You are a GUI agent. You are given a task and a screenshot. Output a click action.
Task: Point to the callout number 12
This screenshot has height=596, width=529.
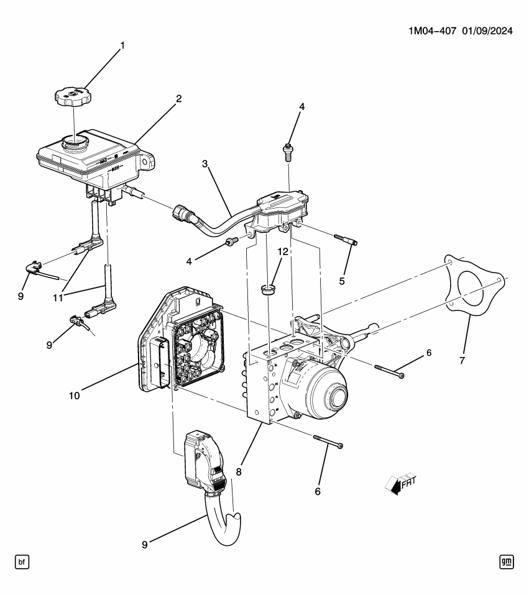tap(283, 251)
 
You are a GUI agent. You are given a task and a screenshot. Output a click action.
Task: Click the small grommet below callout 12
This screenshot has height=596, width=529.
tap(268, 289)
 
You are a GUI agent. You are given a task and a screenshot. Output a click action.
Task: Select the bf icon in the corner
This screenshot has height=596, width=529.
tap(22, 562)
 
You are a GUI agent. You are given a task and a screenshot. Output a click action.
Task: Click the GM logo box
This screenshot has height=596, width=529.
tap(507, 562)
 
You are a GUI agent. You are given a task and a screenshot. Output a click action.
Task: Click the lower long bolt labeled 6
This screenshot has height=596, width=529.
tap(328, 441)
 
